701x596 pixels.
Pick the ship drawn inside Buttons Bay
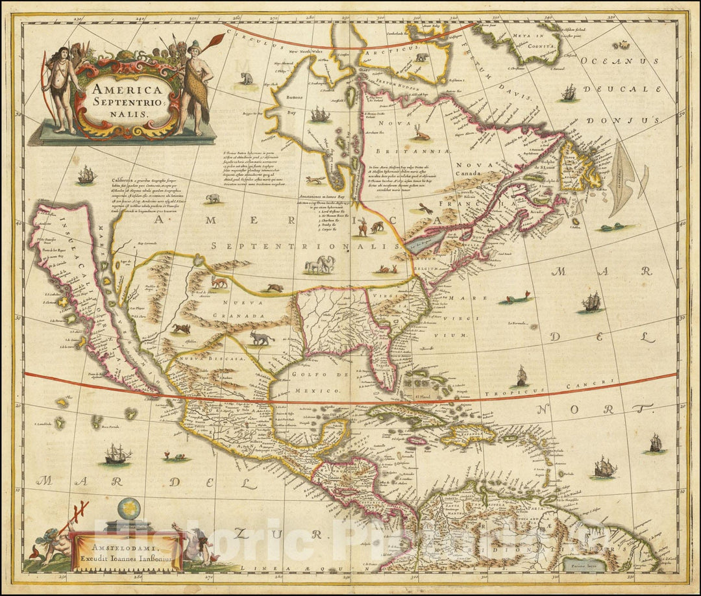(x=320, y=115)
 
